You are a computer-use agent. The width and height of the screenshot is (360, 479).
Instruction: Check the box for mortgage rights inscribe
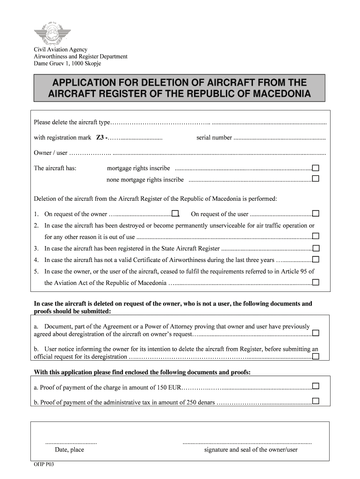point(316,168)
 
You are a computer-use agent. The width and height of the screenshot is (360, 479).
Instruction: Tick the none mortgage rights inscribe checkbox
point(316,179)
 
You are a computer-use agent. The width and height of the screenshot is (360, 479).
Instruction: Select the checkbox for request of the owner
point(175,214)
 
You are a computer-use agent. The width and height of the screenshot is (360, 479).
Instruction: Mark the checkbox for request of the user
point(316,214)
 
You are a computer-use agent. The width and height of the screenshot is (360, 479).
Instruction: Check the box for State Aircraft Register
point(316,248)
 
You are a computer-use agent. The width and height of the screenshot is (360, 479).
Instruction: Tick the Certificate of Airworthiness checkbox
point(316,260)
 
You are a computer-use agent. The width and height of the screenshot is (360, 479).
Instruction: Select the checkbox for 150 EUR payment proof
point(316,386)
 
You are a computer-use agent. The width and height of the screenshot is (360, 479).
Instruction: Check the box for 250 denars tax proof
point(316,401)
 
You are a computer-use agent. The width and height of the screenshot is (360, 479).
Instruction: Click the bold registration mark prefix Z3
point(101,138)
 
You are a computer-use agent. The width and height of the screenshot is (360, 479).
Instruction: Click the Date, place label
point(69,450)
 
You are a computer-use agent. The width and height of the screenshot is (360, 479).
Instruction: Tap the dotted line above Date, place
point(71,442)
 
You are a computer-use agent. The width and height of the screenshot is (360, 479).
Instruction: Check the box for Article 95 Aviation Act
point(316,283)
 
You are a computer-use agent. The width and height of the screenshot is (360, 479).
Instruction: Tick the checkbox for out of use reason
point(316,236)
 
